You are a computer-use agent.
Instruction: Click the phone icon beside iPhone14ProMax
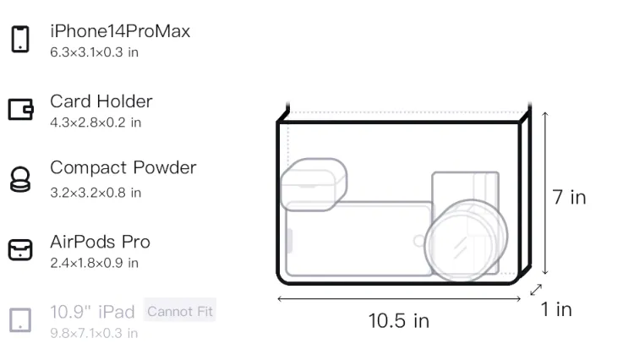point(20,39)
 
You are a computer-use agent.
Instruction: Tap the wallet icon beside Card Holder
point(20,110)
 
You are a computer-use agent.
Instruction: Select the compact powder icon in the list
point(20,179)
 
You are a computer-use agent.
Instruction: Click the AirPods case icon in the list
point(20,249)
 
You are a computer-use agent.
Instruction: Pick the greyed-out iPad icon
point(20,320)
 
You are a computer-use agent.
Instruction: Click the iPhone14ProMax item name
point(120,31)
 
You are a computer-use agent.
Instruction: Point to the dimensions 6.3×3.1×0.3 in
point(94,52)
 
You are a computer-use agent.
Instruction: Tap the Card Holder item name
point(101,101)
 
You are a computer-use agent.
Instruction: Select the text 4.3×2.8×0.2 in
point(96,123)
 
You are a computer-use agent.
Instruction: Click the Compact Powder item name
point(123,168)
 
